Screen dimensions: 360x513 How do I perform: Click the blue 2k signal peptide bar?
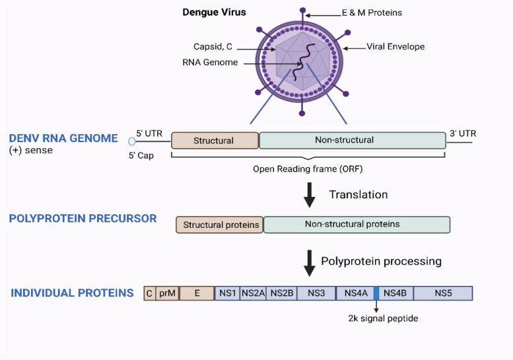[376, 293]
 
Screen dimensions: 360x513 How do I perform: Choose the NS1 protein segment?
[227, 293]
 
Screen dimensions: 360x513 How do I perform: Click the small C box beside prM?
[150, 293]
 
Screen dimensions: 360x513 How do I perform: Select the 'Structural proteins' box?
[219, 225]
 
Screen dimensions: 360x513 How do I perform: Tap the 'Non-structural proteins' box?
[357, 225]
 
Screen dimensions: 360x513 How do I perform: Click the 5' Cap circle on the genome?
[132, 141]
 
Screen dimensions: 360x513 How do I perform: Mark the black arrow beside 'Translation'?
[309, 196]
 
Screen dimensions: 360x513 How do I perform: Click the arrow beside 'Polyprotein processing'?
[309, 262]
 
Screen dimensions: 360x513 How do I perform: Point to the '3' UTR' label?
[462, 133]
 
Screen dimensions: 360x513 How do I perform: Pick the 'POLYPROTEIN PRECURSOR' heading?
[83, 219]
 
